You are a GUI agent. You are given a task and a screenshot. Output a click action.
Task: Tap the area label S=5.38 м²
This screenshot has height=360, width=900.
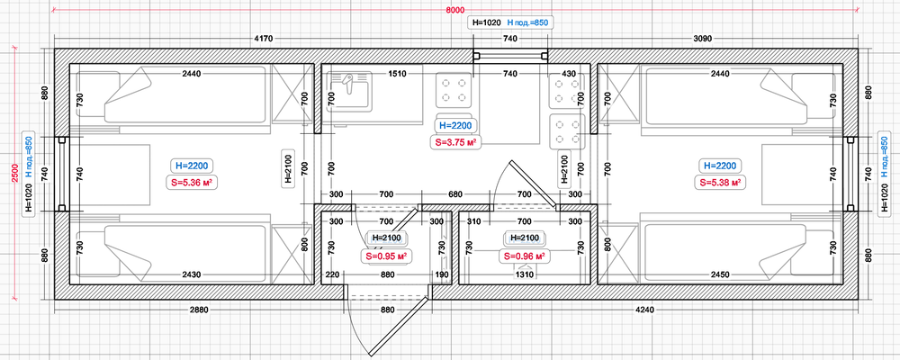pos(717,183)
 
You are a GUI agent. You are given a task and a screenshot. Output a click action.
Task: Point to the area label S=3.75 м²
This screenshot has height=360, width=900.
pos(455,142)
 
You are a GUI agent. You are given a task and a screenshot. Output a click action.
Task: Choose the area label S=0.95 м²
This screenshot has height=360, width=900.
pos(387,255)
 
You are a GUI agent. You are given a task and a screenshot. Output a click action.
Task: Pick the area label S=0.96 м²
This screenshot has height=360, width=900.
pos(523,255)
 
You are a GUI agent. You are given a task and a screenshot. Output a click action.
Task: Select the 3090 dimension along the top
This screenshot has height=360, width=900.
pos(703,39)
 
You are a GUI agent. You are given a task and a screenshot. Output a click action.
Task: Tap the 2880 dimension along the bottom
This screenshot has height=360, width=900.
pos(199,310)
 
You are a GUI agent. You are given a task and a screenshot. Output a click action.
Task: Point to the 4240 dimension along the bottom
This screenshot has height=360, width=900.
pos(642,310)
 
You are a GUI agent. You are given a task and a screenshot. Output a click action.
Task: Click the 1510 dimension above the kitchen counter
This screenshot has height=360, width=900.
pos(397,74)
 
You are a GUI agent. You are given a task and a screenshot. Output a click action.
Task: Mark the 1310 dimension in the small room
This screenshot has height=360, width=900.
pos(525,275)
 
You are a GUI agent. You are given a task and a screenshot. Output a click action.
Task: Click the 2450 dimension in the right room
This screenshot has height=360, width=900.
pos(720,275)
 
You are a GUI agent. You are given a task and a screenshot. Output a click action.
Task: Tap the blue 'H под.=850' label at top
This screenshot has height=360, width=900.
pos(527,22)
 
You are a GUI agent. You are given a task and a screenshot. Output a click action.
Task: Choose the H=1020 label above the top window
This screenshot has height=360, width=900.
pos(486,22)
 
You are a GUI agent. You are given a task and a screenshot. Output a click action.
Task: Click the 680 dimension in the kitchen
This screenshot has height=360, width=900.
pos(454,194)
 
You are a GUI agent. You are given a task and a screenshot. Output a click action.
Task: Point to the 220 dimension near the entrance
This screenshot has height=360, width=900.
pos(333,275)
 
